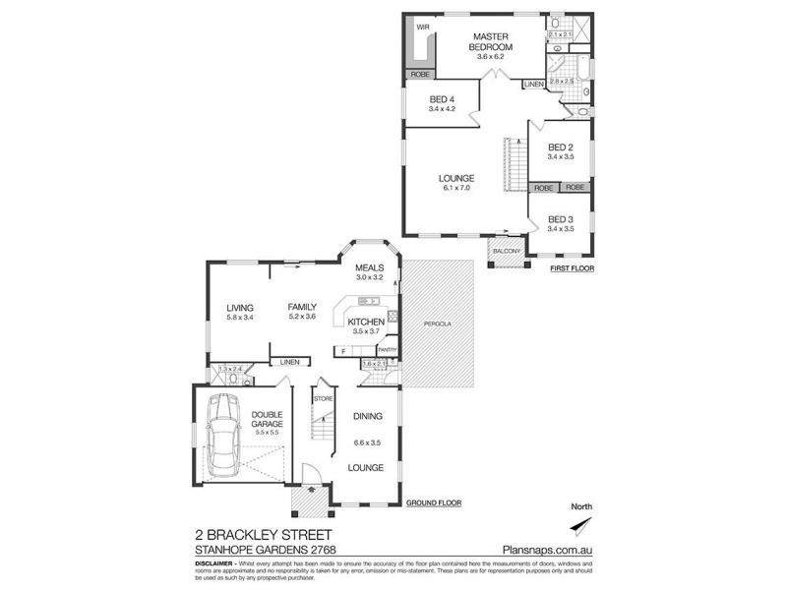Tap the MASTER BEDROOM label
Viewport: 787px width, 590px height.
[x=489, y=42]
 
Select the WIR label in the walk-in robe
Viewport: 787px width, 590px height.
[x=423, y=27]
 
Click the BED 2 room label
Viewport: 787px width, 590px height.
[x=561, y=147]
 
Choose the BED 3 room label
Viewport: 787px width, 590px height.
[x=561, y=218]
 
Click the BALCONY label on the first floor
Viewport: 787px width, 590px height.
[x=509, y=252]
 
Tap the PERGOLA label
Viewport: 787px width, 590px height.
[x=437, y=323]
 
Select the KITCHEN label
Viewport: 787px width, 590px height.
[x=366, y=323]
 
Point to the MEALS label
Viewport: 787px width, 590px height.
[x=369, y=267]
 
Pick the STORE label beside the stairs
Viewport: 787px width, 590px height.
[x=323, y=398]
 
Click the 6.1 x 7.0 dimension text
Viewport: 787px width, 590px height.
[x=456, y=188]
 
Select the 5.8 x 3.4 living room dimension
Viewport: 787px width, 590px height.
[x=240, y=317]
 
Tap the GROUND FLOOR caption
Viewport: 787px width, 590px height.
[x=434, y=503]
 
